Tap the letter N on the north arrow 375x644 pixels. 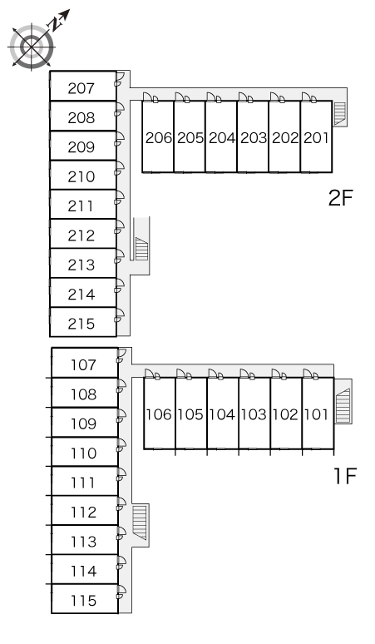click(56, 25)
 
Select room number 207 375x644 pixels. click(81, 88)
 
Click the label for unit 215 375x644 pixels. click(81, 324)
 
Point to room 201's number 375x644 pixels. click(316, 137)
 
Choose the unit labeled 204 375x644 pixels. click(221, 137)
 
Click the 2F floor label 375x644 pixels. click(341, 198)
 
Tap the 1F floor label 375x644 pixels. click(344, 476)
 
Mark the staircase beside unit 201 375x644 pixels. click(340, 114)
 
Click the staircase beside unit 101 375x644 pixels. click(343, 406)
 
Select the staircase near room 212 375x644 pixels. click(141, 249)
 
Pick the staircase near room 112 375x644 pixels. click(140, 523)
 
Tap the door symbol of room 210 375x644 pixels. click(120, 168)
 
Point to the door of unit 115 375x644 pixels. click(121, 592)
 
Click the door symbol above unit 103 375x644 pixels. click(247, 374)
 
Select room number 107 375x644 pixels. click(83, 364)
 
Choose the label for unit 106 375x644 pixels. click(158, 414)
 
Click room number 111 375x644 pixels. click(82, 483)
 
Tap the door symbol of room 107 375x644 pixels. click(121, 355)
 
